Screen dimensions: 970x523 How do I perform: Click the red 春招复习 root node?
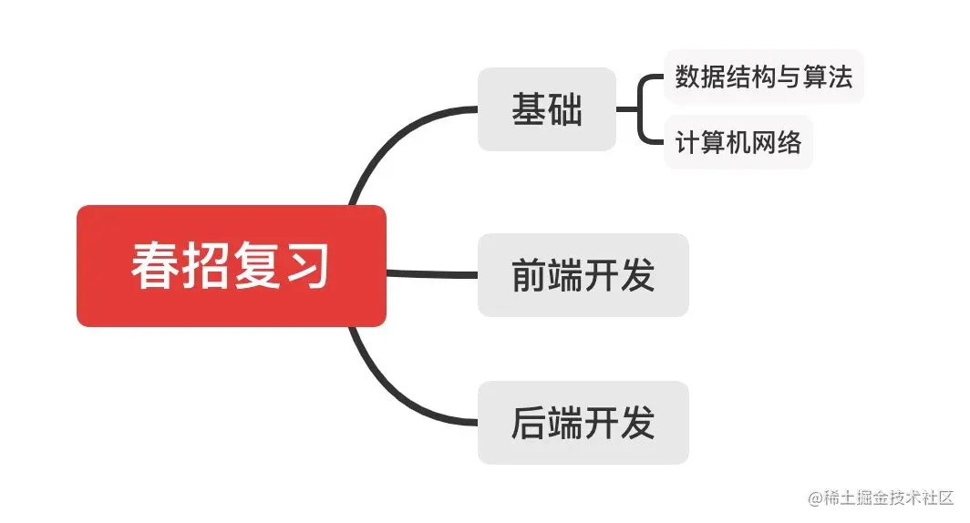pyautogui.click(x=231, y=266)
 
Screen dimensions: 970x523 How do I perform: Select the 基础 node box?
pyautogui.click(x=546, y=109)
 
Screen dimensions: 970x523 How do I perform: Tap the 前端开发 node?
pyautogui.click(x=583, y=275)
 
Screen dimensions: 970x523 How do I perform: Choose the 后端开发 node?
pyautogui.click(x=583, y=423)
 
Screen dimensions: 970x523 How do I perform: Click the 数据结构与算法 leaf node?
pyautogui.click(x=763, y=77)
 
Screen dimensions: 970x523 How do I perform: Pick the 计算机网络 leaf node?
pyautogui.click(x=738, y=142)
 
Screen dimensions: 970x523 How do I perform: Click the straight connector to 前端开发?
pyautogui.click(x=432, y=272)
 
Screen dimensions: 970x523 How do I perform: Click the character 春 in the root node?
pyautogui.click(x=156, y=266)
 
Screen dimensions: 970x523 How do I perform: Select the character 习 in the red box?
pyautogui.click(x=305, y=266)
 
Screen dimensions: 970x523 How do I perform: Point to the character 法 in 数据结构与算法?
pyautogui.click(x=840, y=77)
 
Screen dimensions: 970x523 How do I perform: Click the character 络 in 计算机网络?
pyautogui.click(x=789, y=142)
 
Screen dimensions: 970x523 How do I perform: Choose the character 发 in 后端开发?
pyautogui.click(x=638, y=423)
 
